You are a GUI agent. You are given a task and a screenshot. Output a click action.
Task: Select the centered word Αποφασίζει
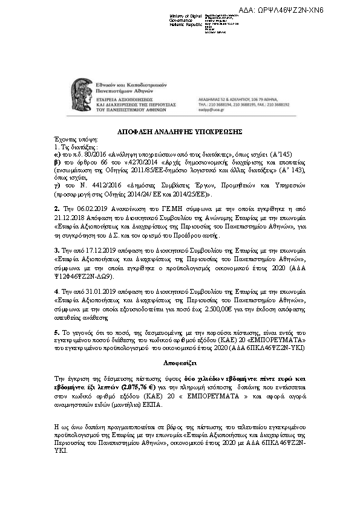click(180, 363)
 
